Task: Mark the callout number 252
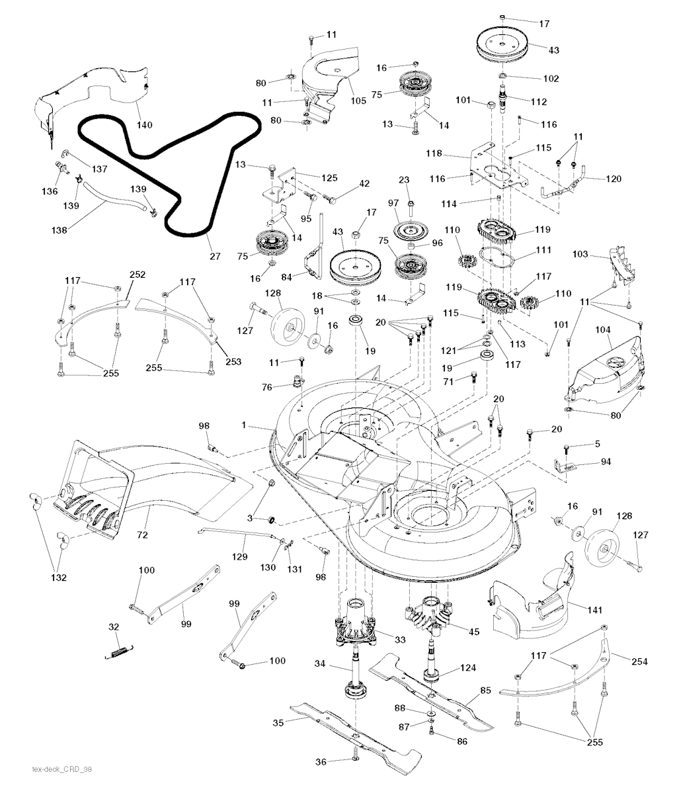click(138, 275)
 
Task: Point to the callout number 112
click(538, 101)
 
